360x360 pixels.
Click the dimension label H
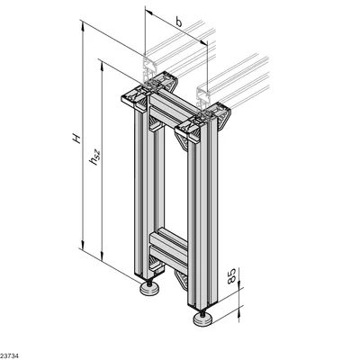(x=76, y=139)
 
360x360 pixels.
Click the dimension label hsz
(x=94, y=157)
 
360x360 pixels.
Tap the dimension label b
(x=179, y=22)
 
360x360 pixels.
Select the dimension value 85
(x=232, y=275)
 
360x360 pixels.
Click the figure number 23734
(x=9, y=356)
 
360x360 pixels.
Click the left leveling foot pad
(x=149, y=290)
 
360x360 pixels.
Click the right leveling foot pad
(x=202, y=319)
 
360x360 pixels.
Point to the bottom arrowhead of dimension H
(x=83, y=244)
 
